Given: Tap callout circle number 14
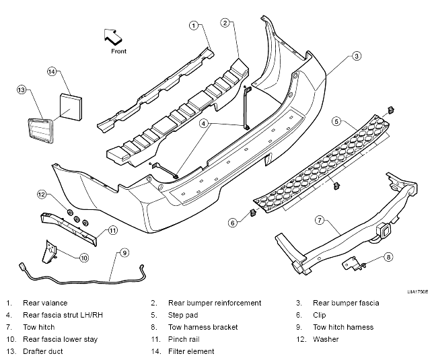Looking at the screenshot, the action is pos(52,72).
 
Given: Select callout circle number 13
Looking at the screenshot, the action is pos(22,89).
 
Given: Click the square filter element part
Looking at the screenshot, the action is pos(71,107).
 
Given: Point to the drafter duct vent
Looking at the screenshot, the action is pos(40,131).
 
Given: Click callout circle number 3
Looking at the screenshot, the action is pos(357,56).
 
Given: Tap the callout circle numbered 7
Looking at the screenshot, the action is pos(320,220).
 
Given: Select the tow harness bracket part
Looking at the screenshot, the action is pos(354,263).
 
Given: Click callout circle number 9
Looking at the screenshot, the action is pos(124,252).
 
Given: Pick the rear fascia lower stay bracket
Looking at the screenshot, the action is pos(48,252).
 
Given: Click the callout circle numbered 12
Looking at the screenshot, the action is pos(41,194).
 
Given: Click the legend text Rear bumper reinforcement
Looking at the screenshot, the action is pos(215,303).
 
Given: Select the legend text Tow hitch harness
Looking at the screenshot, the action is pos(343,327).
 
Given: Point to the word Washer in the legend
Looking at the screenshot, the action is pos(326,339).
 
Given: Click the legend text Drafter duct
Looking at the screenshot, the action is pos(43,351).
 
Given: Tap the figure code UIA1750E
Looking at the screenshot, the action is pos(417,292).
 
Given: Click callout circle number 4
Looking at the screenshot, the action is pos(204,123).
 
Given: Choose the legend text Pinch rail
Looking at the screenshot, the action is pos(184,339).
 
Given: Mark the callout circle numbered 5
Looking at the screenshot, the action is pos(336,122).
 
